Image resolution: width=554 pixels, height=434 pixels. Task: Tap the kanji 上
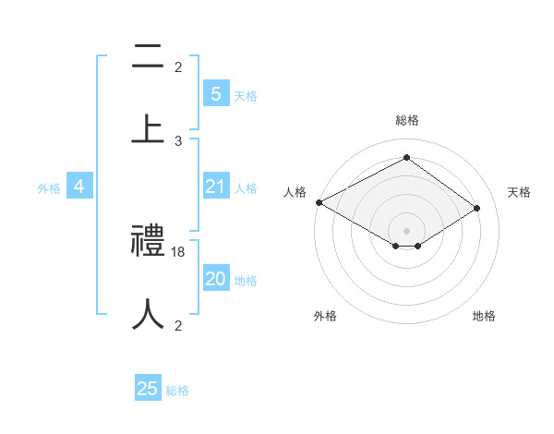[148, 130]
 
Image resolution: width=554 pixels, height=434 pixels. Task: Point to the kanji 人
[148, 315]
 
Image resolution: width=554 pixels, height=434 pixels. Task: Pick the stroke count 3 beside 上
[178, 141]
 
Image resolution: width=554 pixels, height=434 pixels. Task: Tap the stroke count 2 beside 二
[178, 67]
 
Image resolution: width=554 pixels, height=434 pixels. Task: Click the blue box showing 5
[215, 94]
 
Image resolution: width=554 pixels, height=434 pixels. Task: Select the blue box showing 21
[215, 187]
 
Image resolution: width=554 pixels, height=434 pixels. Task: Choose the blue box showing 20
[215, 280]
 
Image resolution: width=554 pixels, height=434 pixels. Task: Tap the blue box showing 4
[79, 187]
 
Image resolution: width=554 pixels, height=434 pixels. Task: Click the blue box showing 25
[148, 389]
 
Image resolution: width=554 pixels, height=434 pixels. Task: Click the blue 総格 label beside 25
[177, 391]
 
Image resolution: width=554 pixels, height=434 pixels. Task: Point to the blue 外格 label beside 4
[49, 188]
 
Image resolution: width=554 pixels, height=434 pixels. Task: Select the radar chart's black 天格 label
[519, 192]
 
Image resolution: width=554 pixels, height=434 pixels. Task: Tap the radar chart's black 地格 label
[484, 316]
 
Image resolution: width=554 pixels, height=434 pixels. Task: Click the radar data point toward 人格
[319, 202]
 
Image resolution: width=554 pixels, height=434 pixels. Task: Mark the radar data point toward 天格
[477, 209]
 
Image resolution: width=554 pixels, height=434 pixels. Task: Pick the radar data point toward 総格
[406, 157]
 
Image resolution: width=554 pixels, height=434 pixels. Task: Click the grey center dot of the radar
[406, 230]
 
